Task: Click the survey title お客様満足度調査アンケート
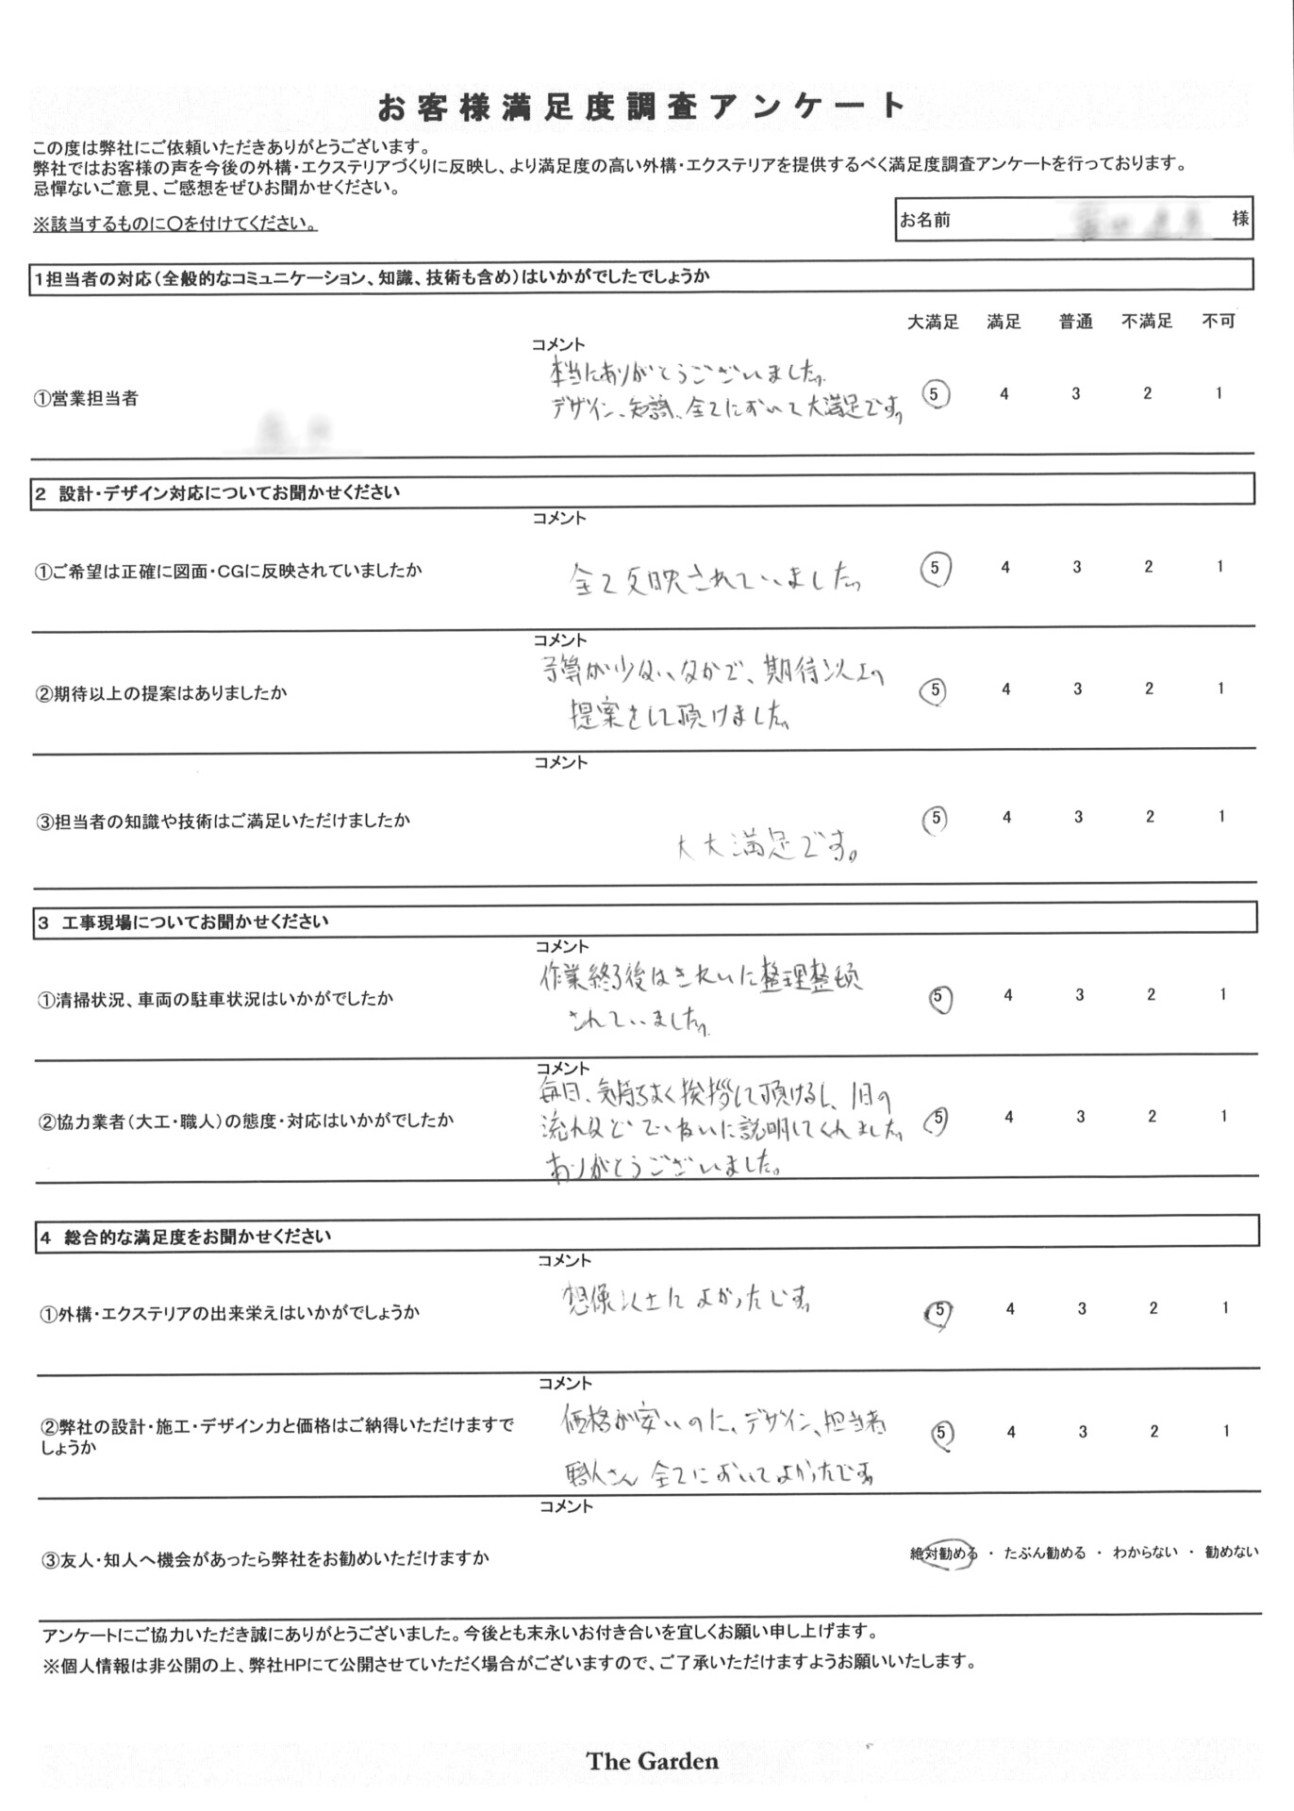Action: (641, 108)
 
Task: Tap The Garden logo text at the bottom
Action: (652, 1761)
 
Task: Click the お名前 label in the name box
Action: (924, 221)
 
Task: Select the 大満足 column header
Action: (933, 323)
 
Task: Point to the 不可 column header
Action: (1219, 322)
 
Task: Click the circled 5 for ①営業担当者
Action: (934, 394)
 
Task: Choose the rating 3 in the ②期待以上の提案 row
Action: (1077, 690)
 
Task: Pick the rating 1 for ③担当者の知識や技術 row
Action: (1221, 817)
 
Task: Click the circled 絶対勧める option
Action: (943, 1553)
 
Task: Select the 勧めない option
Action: (1231, 1553)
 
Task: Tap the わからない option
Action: (1145, 1553)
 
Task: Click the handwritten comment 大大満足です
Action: (768, 848)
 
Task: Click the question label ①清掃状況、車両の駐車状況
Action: (215, 999)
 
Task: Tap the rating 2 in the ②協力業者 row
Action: (1152, 1117)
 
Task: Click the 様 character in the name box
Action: (1240, 219)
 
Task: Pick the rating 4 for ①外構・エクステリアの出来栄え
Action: (1010, 1309)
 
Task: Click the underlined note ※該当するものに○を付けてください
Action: (175, 224)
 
